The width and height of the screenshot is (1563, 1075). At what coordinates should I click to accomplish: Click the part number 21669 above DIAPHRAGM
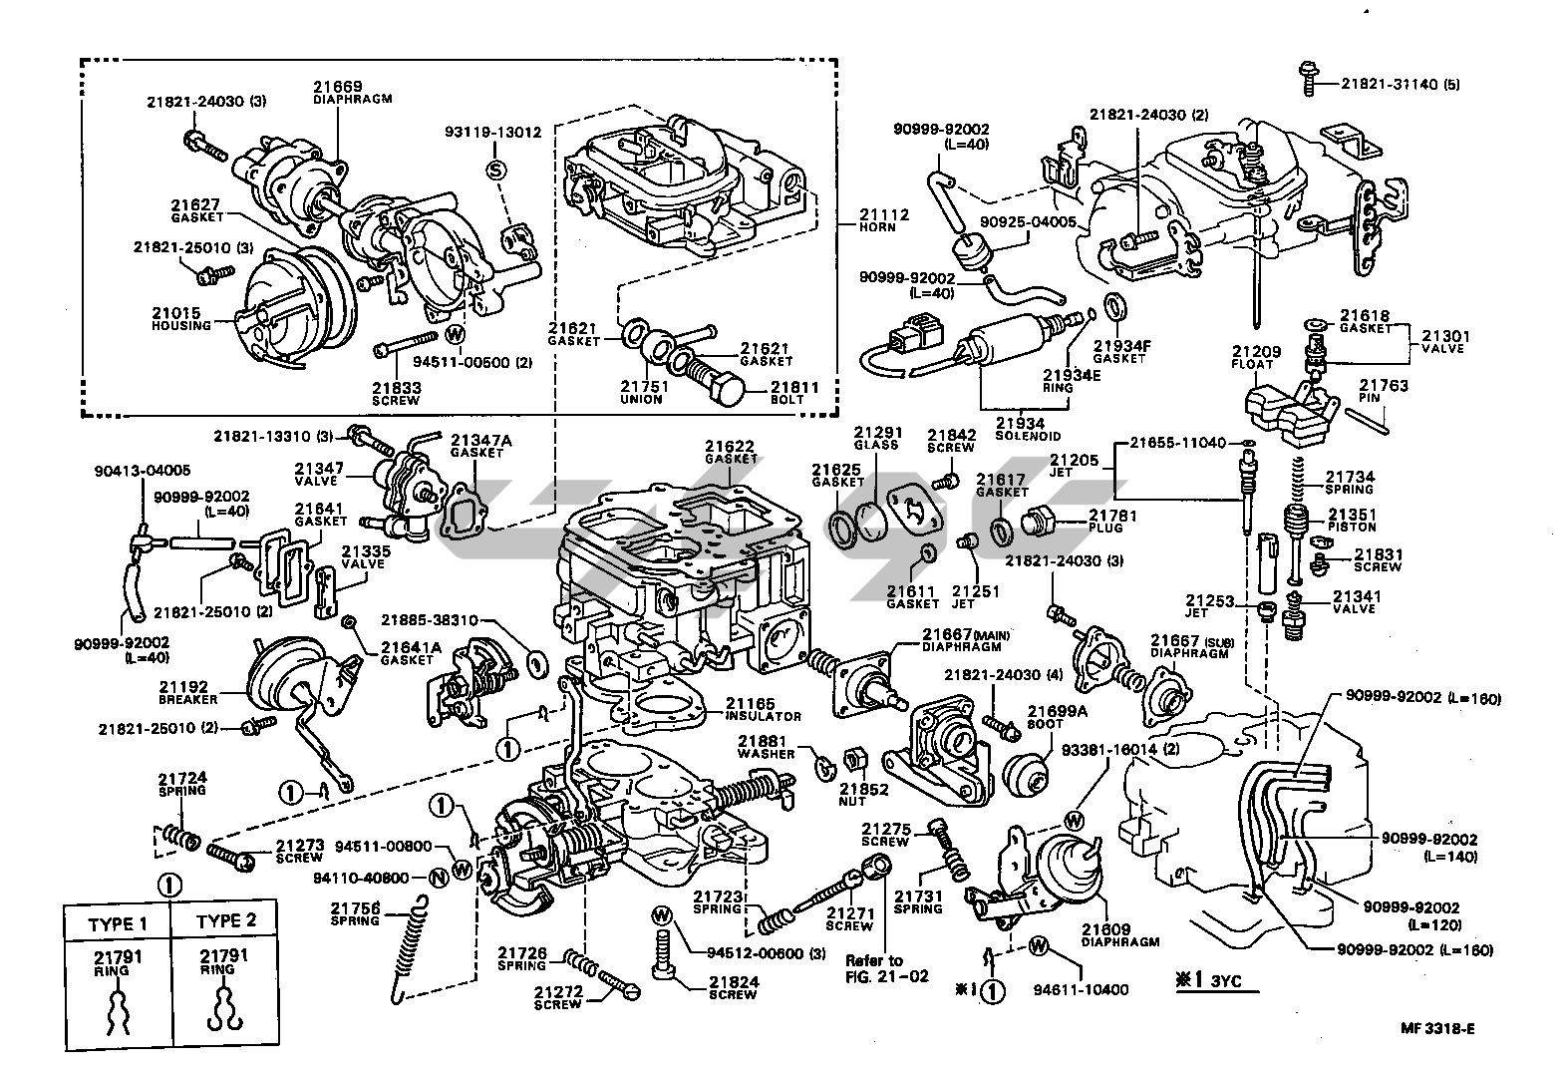(x=338, y=87)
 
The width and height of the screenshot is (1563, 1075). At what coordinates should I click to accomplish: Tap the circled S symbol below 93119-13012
(x=496, y=170)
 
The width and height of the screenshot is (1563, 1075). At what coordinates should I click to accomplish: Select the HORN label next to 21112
(x=877, y=227)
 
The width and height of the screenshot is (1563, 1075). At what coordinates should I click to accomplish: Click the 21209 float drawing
(x=1291, y=412)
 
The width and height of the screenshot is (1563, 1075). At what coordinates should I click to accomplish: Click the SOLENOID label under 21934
(x=1028, y=437)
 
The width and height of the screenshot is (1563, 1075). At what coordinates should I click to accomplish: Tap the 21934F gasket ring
(x=1116, y=307)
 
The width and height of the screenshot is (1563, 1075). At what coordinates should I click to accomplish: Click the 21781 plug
(x=1040, y=523)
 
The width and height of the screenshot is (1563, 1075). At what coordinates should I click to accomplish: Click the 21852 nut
(x=855, y=759)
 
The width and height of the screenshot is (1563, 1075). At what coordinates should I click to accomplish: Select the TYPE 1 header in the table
(x=118, y=924)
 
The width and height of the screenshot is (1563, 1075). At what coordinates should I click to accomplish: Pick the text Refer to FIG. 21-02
(x=886, y=968)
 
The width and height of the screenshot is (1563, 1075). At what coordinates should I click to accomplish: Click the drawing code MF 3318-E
(x=1437, y=1028)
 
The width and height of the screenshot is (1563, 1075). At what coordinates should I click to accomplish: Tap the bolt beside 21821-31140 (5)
(x=1308, y=79)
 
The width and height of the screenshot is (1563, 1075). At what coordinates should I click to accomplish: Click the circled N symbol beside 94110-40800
(x=439, y=879)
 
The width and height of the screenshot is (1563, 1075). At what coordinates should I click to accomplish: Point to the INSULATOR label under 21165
(x=764, y=716)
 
